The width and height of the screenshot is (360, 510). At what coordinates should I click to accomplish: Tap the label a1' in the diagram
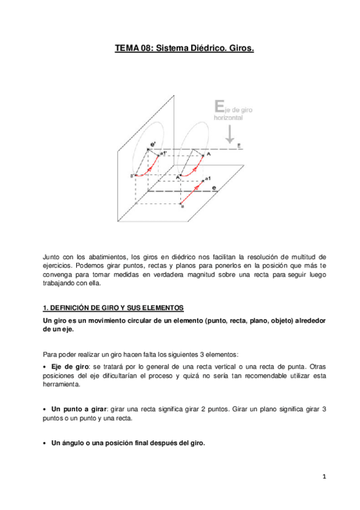pyautogui.click(x=163, y=154)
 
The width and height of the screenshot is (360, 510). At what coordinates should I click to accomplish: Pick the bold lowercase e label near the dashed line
pyautogui.click(x=214, y=188)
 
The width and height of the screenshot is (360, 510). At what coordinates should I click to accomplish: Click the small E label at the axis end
pyautogui.click(x=239, y=146)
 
